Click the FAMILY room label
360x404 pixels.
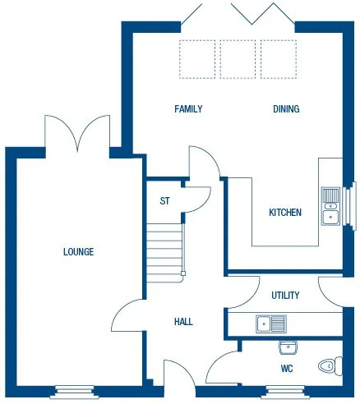point(188,109)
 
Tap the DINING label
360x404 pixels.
point(286,109)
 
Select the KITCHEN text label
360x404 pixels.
point(285,213)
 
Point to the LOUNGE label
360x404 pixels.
point(78,252)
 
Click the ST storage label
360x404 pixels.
point(164,200)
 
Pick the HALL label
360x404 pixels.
point(183,322)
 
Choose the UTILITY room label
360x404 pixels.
point(285,296)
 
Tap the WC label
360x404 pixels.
point(287,369)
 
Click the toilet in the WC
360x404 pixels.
point(330,365)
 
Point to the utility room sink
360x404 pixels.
point(270,323)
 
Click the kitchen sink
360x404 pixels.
point(330,217)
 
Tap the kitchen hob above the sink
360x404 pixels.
point(330,195)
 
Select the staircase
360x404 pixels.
point(164,251)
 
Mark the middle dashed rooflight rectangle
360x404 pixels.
point(238,58)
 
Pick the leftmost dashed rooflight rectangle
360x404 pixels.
point(197,58)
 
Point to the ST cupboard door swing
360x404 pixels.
point(198,198)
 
